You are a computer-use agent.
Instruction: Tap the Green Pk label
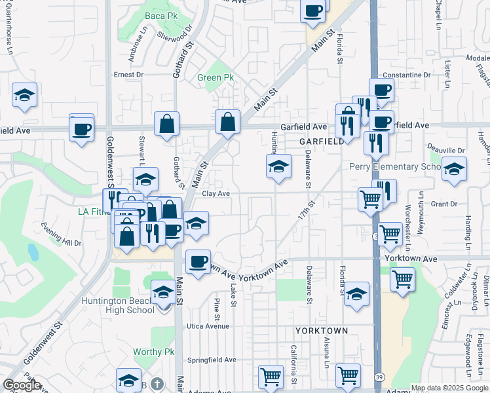point(216,77)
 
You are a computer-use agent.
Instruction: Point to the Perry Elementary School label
point(396,166)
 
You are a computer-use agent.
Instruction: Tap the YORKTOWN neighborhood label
point(321,331)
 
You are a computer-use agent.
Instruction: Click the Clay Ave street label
point(216,193)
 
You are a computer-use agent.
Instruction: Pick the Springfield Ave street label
point(212,360)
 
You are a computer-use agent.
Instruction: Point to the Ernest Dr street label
point(128,75)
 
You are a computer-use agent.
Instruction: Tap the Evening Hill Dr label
point(60,243)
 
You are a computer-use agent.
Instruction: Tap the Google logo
point(22,385)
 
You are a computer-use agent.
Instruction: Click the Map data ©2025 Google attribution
point(448,388)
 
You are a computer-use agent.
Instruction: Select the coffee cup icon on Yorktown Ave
point(197,261)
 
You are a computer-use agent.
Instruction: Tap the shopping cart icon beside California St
point(271,377)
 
